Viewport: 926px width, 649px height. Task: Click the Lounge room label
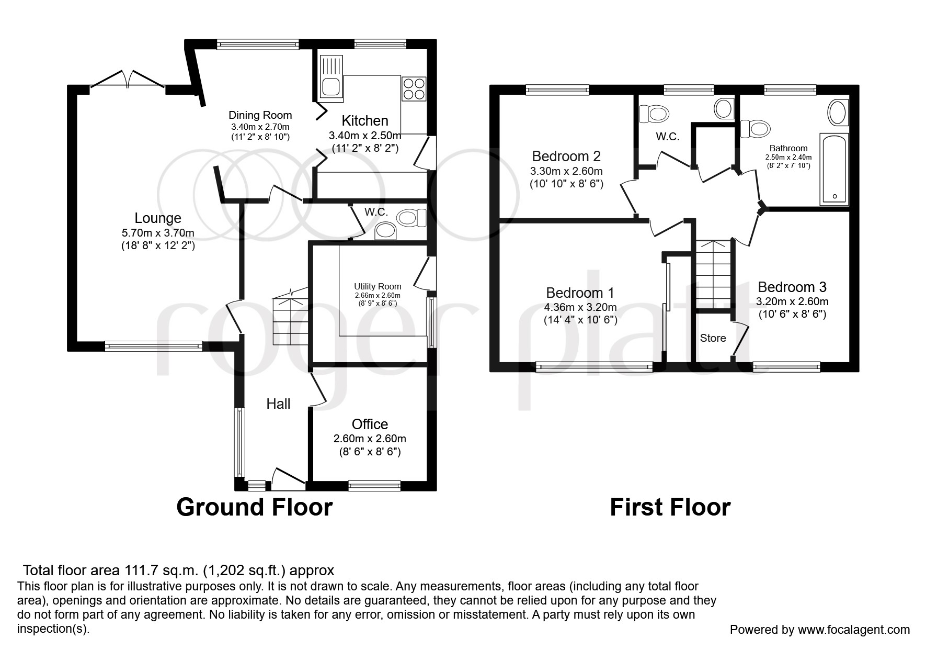[x=158, y=218]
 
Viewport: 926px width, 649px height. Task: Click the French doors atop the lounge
[x=128, y=80]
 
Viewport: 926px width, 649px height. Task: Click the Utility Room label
[x=378, y=286]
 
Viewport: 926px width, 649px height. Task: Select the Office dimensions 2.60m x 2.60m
[x=370, y=439]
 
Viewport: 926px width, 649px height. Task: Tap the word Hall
[x=278, y=404]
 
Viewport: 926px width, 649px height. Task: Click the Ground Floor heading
[x=254, y=507]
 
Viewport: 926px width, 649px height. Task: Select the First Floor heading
[x=670, y=507]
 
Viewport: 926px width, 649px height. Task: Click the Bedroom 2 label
[x=566, y=156]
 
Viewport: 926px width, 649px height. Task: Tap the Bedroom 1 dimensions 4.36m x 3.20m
[x=580, y=307]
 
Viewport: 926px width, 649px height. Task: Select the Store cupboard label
[x=713, y=338]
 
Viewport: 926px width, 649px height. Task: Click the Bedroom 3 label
[x=792, y=287]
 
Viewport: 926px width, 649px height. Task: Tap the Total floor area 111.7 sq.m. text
[x=178, y=570]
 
